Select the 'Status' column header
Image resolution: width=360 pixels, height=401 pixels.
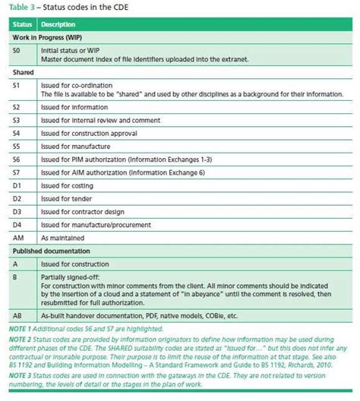click(19, 24)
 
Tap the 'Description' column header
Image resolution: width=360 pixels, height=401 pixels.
click(58, 24)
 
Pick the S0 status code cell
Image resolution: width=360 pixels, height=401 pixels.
click(17, 50)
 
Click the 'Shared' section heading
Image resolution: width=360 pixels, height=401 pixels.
click(23, 72)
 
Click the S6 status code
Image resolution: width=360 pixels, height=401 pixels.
click(17, 159)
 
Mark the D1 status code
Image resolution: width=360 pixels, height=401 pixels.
click(17, 185)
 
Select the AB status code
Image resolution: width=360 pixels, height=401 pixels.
click(17, 314)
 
